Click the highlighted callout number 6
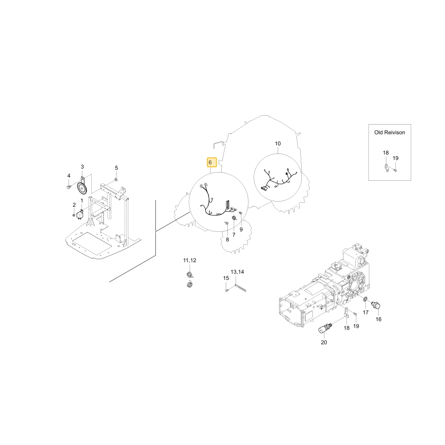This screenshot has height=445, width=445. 210,162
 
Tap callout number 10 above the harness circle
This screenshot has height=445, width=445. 278,144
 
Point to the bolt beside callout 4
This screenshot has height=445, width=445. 69,187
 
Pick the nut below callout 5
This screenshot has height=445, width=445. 116,179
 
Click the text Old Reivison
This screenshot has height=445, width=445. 390,133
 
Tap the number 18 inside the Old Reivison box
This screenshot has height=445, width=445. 386,153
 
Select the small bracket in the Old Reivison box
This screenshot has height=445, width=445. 387,168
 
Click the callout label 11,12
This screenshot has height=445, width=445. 190,260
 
